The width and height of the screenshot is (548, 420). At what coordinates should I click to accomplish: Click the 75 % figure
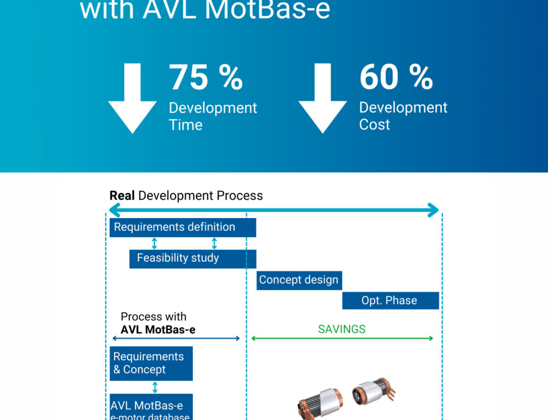tap(206, 77)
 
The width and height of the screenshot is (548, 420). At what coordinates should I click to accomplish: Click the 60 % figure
tap(396, 77)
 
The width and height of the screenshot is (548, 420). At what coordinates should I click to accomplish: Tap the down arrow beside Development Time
tap(132, 98)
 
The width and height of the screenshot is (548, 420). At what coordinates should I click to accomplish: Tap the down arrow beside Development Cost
tap(322, 98)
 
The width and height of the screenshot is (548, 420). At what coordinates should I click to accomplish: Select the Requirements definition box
tap(182, 228)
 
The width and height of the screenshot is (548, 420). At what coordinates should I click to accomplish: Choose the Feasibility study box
tap(192, 258)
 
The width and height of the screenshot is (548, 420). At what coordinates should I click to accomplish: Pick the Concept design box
tap(299, 280)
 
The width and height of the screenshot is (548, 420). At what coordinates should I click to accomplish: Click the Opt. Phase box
tap(390, 300)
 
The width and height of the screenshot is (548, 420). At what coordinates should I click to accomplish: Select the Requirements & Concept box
tap(151, 363)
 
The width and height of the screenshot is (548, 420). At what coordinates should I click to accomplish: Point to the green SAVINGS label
tap(341, 330)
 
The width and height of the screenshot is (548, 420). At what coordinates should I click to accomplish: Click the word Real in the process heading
tap(122, 196)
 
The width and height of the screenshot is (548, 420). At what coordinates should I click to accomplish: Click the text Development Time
tap(213, 116)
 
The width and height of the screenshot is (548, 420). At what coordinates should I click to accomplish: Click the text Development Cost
tap(403, 116)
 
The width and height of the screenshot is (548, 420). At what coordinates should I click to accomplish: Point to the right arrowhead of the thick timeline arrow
tap(433, 210)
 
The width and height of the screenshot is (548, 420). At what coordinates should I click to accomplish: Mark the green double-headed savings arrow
tap(341, 339)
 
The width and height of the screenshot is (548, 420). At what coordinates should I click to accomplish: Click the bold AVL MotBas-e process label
tap(158, 330)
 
